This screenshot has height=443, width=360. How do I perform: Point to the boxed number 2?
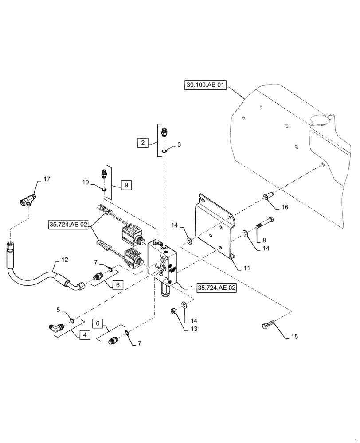tap(143, 143)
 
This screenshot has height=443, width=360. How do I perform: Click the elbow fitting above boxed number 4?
tap(55, 328)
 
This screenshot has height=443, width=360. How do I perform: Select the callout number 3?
tap(179, 144)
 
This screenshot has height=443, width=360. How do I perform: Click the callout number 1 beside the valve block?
tap(191, 287)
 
